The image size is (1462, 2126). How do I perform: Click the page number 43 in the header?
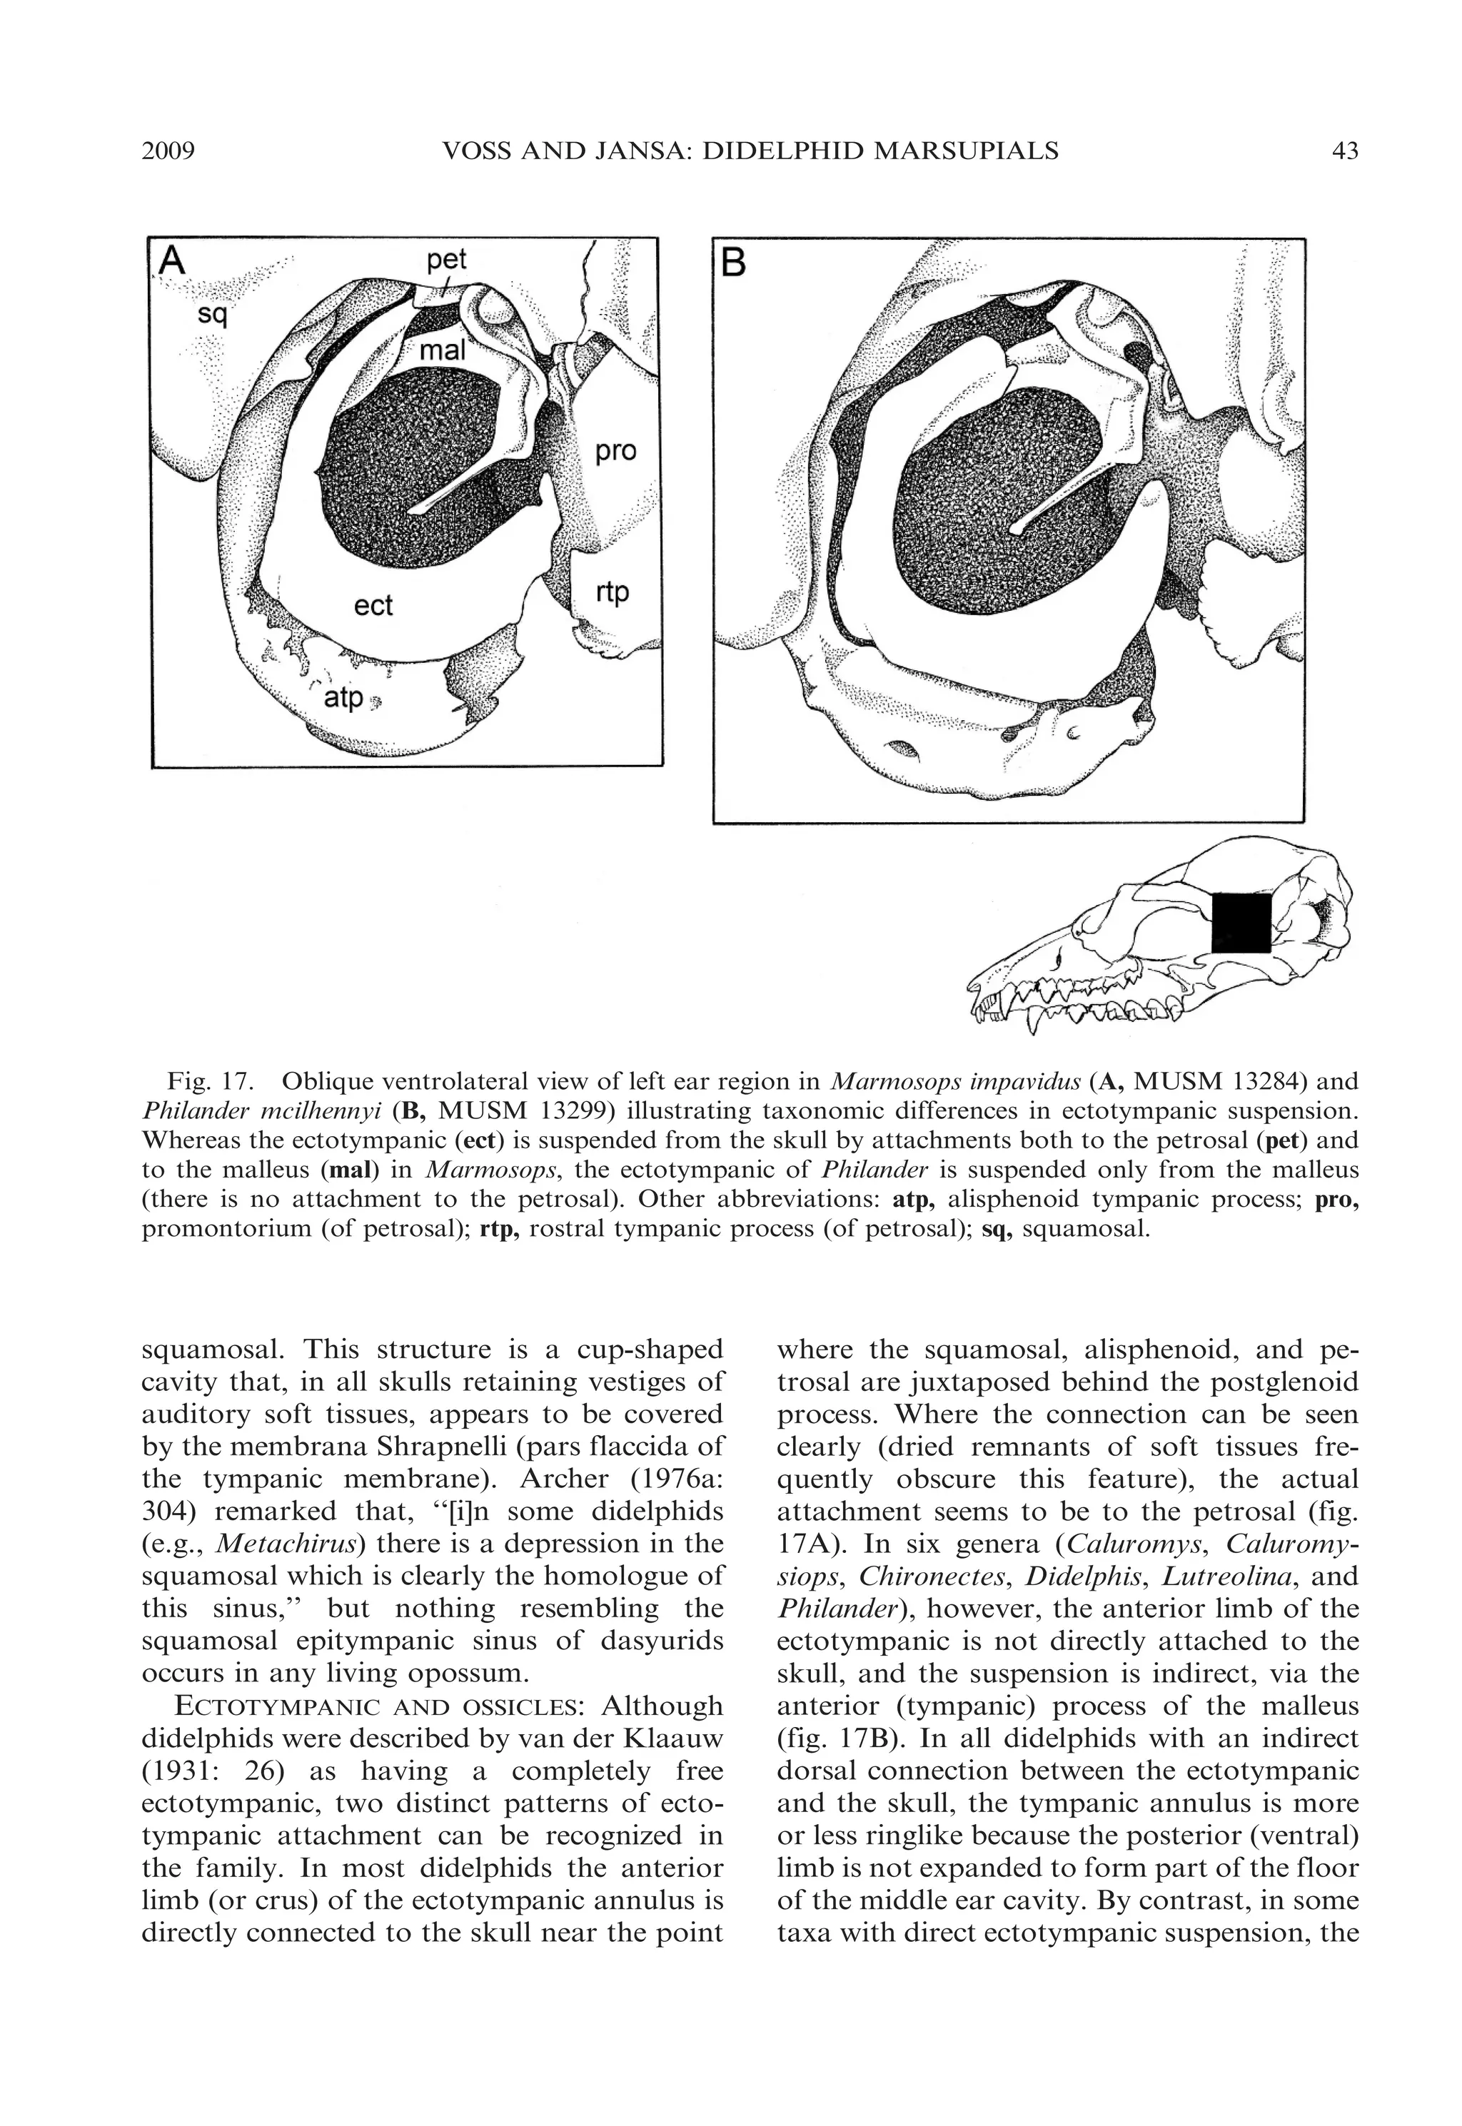pyautogui.click(x=1345, y=151)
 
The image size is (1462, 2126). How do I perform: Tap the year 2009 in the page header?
pyautogui.click(x=168, y=151)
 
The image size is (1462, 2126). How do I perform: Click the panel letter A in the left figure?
pyautogui.click(x=172, y=262)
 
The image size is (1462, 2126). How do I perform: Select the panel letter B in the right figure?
pyautogui.click(x=734, y=265)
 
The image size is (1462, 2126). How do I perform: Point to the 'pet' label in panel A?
pyautogui.click(x=447, y=260)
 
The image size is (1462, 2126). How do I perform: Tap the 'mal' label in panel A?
pyautogui.click(x=443, y=350)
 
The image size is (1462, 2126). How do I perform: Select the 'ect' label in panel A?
pyautogui.click(x=373, y=605)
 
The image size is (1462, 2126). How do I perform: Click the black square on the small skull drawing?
pyautogui.click(x=1241, y=923)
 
